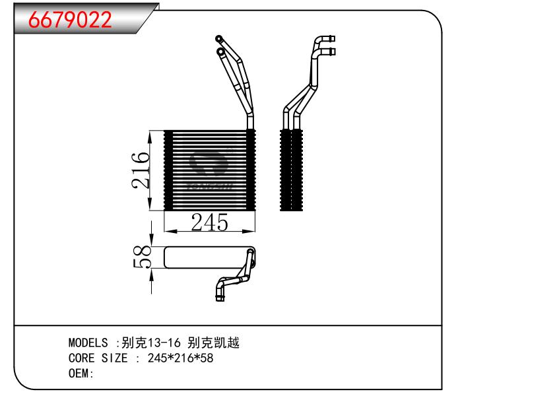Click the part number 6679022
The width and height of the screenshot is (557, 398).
(70, 20)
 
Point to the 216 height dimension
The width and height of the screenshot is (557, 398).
(141, 170)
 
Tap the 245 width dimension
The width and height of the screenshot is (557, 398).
(209, 223)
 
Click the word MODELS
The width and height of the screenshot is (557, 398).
(88, 343)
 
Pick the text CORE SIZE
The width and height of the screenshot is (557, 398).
(99, 358)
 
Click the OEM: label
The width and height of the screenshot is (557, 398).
(81, 374)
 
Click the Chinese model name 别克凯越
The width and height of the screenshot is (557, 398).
(214, 343)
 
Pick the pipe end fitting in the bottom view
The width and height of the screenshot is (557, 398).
(220, 296)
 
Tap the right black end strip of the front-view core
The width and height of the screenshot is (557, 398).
(250, 170)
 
